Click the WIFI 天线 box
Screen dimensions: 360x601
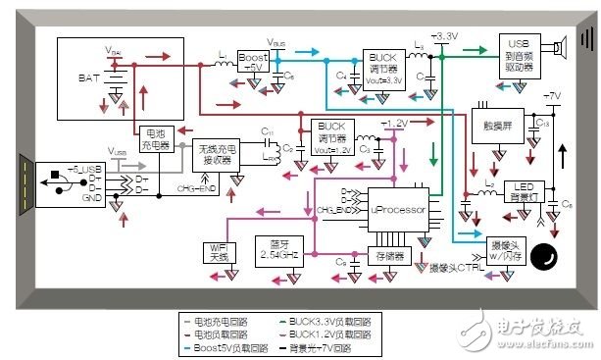(218, 250)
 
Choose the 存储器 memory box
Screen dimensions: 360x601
(386, 255)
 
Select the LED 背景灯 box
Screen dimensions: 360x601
(525, 191)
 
